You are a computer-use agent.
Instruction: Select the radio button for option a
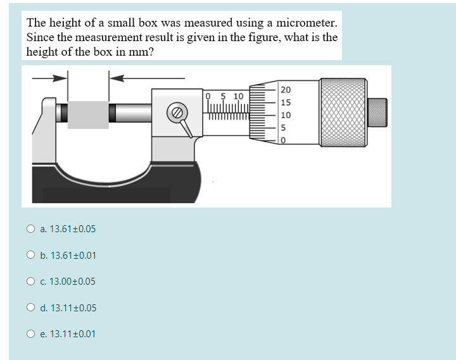pyautogui.click(x=30, y=229)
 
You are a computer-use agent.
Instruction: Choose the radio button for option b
pyautogui.click(x=30, y=256)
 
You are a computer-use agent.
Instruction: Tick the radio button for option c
pyautogui.click(x=30, y=282)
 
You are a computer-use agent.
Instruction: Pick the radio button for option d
pyautogui.click(x=30, y=308)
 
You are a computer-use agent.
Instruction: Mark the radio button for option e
pyautogui.click(x=30, y=334)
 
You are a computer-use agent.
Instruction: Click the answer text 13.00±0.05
pyautogui.click(x=72, y=282)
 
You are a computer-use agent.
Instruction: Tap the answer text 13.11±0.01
pyautogui.click(x=72, y=334)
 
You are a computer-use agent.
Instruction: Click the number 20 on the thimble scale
pyautogui.click(x=286, y=90)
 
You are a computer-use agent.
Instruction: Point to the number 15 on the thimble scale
pyautogui.click(x=286, y=102)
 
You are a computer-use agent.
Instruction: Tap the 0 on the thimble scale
pyautogui.click(x=284, y=139)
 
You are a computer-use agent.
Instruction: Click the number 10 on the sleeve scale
pyautogui.click(x=238, y=96)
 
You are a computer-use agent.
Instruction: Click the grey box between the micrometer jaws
pyautogui.click(x=89, y=114)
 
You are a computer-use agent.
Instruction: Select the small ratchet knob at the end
pyautogui.click(x=377, y=113)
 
